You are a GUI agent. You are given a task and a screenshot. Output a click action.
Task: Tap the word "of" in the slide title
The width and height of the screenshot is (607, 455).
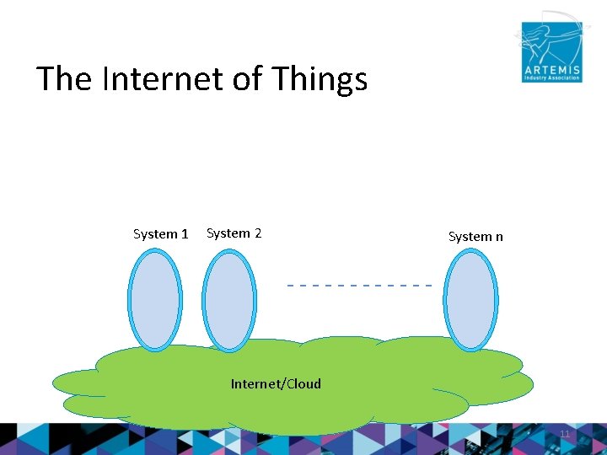coord(247,79)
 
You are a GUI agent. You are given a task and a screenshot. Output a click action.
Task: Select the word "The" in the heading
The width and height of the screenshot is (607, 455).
coord(65,79)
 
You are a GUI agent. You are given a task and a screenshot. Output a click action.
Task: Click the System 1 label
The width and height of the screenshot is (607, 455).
coord(160,234)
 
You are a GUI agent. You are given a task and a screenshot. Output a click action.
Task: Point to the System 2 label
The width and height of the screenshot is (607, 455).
coord(234,233)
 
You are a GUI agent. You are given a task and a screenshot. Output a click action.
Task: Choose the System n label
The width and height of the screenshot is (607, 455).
coord(475,237)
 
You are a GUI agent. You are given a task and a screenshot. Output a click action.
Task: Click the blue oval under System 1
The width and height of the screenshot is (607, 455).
coord(155,299)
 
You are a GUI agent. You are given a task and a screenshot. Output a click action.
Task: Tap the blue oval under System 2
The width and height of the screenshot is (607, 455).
coord(229,301)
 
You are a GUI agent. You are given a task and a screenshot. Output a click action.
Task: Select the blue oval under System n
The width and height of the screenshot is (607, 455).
coord(471,300)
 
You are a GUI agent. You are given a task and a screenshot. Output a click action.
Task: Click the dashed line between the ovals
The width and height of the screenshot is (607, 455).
coord(359,286)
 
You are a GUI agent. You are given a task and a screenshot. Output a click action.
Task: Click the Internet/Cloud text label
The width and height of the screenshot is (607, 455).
coord(276,384)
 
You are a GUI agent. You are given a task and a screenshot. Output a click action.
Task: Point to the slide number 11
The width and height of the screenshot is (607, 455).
coord(565,434)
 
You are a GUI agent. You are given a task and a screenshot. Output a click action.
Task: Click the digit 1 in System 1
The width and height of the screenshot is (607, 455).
coord(185,234)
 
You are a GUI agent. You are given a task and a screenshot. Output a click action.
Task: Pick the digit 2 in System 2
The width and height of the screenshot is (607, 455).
coord(257,233)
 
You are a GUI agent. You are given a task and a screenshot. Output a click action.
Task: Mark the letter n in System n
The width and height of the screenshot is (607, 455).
coord(498,237)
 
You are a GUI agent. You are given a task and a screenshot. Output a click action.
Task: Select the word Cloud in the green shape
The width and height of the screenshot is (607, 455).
coord(303,384)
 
